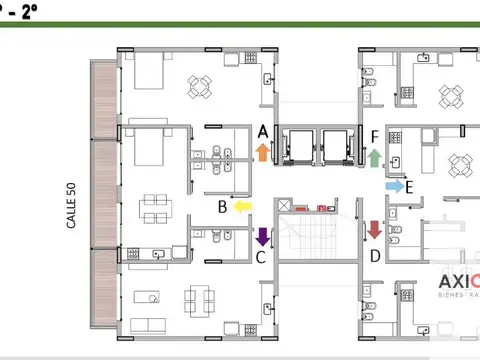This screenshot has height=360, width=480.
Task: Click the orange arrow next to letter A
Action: pos(262,152)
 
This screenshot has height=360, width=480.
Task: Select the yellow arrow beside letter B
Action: pos(242,207)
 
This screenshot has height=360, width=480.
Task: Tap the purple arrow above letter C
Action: pos(262,237)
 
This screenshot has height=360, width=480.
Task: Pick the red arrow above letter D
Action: pos(374,230)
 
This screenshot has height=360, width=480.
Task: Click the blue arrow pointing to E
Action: pos(394,186)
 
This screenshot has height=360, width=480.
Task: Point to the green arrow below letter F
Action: pos(375,157)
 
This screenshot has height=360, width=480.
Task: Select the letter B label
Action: pos(223,208)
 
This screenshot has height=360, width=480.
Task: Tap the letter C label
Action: pos(260,257)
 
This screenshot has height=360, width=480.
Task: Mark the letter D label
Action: pos(374,256)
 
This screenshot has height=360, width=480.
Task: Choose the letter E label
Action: pos(410,187)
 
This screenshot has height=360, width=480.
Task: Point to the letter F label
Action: pos(374,137)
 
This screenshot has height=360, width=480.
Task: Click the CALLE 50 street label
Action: pos(71,206)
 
